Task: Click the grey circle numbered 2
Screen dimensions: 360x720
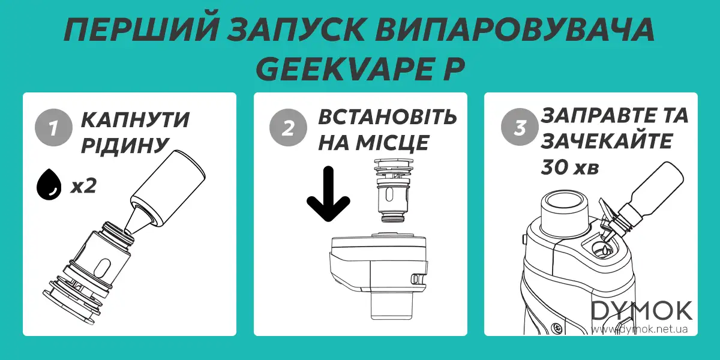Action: pos(285,128)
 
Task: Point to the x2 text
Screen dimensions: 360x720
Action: pos(83,186)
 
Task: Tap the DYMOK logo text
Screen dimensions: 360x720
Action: pos(642,311)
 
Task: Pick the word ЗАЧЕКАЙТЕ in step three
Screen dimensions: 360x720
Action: pos(606,142)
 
